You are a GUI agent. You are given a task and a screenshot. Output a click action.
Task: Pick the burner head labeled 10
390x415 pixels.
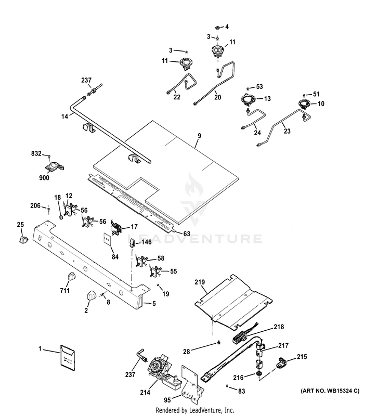[302, 104]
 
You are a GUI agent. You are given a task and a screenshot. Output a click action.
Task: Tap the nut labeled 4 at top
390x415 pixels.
[218, 27]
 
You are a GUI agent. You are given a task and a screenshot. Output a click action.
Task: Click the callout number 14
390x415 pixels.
[64, 117]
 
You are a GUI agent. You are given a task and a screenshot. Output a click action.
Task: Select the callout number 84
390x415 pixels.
[114, 256]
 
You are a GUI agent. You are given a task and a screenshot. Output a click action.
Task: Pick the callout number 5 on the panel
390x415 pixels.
[153, 303]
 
